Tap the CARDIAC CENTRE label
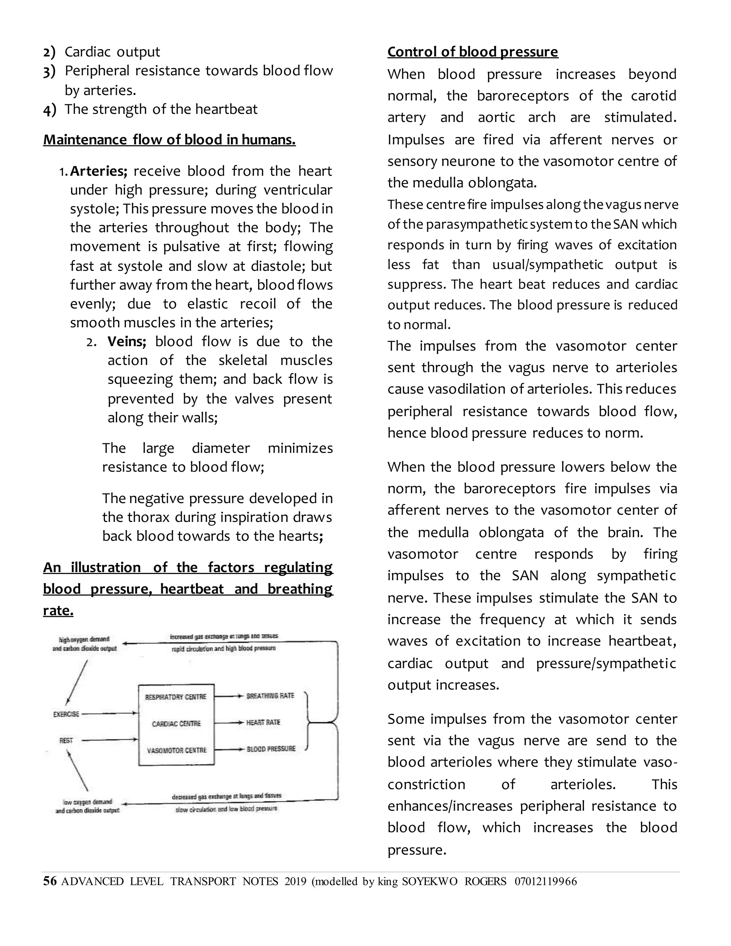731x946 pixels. tap(176, 724)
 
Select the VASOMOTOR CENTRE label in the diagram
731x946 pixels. tap(176, 750)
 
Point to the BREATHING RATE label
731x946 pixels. tap(270, 696)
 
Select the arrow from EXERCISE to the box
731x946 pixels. tap(110, 713)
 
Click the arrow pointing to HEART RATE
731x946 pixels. tap(229, 723)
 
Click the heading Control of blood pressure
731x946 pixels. tap(473, 52)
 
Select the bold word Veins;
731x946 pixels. tap(127, 342)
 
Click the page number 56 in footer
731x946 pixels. tap(50, 881)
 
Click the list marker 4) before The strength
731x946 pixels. tap(49, 110)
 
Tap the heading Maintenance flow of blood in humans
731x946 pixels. tap(169, 140)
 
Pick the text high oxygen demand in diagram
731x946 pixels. tap(84, 639)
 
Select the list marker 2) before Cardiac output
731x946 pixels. tap(49, 52)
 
